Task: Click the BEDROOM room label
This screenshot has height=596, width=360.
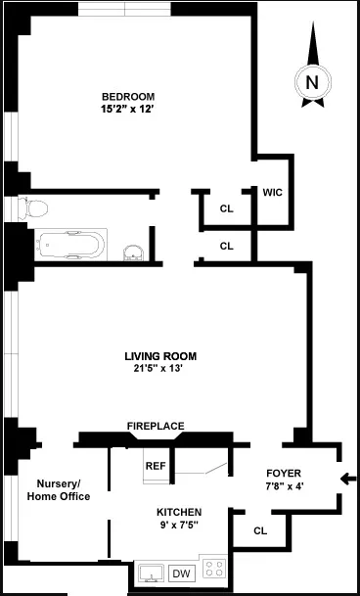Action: (x=128, y=95)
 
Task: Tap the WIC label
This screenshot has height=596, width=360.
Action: (x=272, y=192)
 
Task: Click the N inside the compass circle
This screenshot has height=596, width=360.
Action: (x=312, y=83)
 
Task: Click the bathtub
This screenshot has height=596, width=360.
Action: (x=70, y=244)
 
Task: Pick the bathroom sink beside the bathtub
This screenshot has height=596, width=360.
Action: (x=134, y=252)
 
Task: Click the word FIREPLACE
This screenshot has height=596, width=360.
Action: (x=156, y=426)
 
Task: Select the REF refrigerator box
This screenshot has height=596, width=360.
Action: (x=156, y=467)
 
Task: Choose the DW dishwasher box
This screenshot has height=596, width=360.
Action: (x=181, y=573)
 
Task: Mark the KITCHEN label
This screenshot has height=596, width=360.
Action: (x=179, y=513)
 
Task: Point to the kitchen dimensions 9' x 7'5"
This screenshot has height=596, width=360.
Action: (x=179, y=527)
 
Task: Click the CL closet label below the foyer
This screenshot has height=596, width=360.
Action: (x=260, y=530)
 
